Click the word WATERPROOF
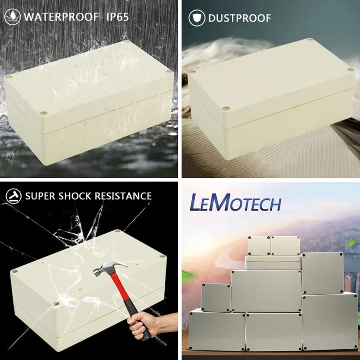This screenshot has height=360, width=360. (x=61, y=17)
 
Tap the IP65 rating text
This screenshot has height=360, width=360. (x=117, y=17)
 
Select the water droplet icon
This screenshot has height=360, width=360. (x=13, y=17)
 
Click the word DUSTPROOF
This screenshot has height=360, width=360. (x=239, y=18)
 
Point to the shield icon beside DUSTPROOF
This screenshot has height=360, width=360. (x=197, y=18)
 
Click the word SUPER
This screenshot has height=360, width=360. (x=40, y=196)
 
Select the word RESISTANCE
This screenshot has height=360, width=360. (x=123, y=196)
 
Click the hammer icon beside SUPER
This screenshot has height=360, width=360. (x=13, y=196)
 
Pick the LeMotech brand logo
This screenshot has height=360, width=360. (x=235, y=202)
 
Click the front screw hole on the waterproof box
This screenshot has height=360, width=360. (x=43, y=113)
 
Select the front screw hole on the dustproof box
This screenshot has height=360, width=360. (x=226, y=108)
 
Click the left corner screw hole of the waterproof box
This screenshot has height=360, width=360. (x=8, y=77)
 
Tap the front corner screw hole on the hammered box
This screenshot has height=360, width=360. (x=56, y=303)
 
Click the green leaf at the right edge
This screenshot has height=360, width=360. (x=353, y=242)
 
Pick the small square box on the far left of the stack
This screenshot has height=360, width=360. (x=216, y=298)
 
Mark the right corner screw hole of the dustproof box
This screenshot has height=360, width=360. (x=350, y=70)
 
